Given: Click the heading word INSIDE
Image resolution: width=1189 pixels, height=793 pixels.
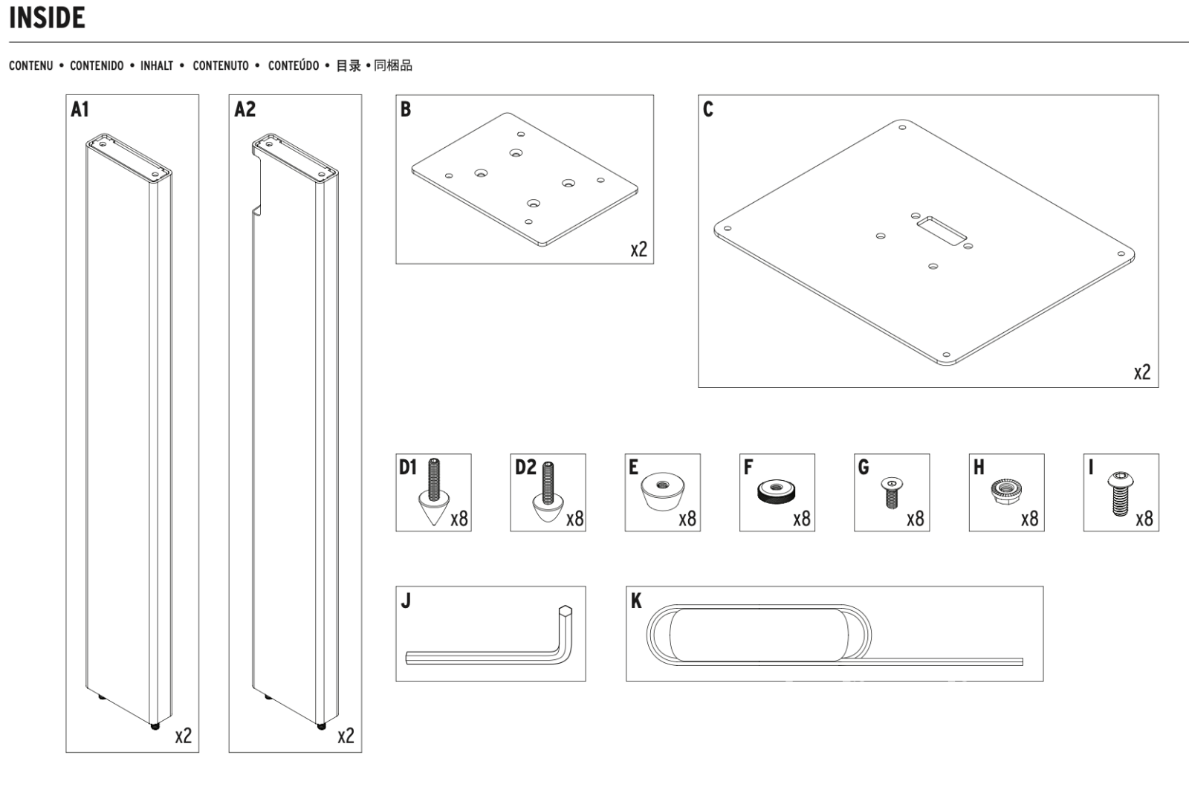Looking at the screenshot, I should point(47,18).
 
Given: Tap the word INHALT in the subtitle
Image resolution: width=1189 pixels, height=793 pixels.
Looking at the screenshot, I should point(157,66).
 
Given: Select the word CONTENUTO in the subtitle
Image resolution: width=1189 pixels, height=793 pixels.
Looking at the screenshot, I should point(221,66).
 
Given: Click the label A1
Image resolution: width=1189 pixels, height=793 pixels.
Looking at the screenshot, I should point(80,110).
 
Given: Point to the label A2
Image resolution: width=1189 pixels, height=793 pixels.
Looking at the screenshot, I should point(244,110).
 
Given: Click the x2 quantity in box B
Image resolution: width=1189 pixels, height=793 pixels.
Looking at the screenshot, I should point(638,249).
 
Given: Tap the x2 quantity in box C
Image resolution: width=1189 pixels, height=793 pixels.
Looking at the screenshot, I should point(1142,372).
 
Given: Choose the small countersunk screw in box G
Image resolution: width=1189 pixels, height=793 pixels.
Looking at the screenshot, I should point(891,491).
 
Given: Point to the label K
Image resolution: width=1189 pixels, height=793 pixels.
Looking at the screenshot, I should point(636,601).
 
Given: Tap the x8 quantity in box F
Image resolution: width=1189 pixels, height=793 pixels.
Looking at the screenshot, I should point(801,518).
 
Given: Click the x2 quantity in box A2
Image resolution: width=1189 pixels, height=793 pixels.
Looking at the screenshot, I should point(346,736).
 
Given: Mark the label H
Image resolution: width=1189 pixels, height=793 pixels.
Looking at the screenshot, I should point(979,467).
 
